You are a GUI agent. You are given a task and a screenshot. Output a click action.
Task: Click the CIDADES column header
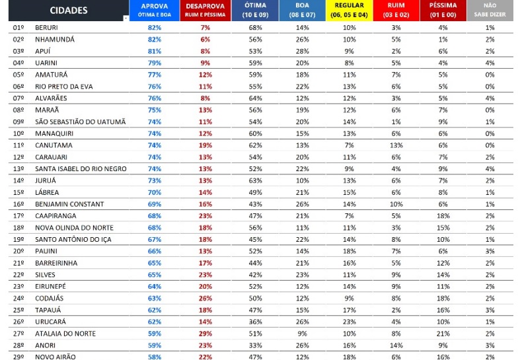68,11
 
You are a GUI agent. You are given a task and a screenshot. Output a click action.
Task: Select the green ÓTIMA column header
256,10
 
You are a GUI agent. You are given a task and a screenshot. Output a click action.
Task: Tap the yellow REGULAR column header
350,10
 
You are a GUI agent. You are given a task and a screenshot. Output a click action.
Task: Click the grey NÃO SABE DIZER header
490,10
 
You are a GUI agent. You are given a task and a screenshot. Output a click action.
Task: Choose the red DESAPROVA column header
205,10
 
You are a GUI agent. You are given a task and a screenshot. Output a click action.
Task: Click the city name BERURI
46,27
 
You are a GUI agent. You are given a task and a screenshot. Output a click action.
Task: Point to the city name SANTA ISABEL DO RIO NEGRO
81,168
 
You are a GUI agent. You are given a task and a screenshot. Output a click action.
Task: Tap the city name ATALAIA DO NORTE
65,334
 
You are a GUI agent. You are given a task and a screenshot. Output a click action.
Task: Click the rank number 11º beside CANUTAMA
19,145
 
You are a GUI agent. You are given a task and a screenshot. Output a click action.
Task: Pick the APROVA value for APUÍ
155,51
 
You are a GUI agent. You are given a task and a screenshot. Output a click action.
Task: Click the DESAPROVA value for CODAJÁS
205,298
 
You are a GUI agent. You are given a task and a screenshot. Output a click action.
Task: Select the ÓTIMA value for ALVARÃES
256,98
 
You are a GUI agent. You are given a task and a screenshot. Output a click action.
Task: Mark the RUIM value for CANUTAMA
396,145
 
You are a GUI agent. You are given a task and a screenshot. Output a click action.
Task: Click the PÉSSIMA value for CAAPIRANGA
443,216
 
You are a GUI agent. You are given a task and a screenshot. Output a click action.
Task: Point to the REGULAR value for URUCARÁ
350,322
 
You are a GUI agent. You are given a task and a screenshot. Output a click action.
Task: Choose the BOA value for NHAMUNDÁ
303,39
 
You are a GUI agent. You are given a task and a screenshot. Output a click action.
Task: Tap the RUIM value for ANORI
396,345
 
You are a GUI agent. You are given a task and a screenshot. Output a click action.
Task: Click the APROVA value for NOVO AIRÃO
155,357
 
